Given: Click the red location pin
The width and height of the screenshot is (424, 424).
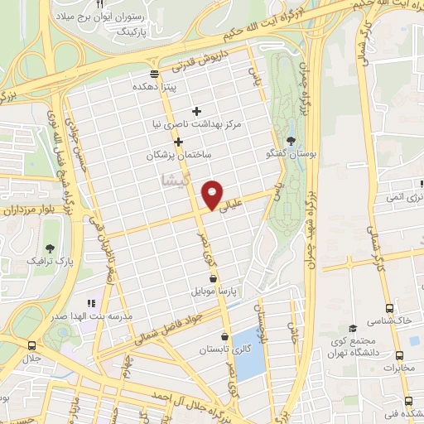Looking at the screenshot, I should point(212,194).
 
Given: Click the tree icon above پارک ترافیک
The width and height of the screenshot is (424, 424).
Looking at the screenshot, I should point(51,248).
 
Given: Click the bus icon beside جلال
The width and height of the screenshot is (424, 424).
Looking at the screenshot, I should point(31,345).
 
